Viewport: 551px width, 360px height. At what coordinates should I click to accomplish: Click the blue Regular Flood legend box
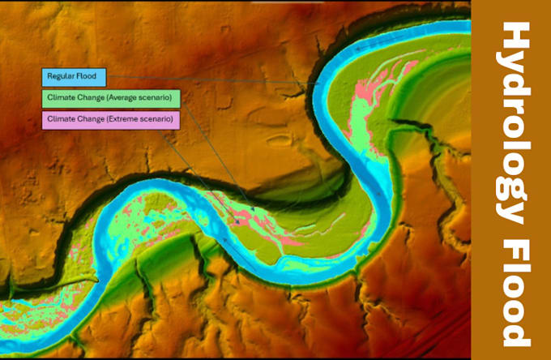pyautogui.click(x=74, y=77)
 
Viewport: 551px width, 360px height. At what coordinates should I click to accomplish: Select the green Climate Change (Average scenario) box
pyautogui.click(x=110, y=99)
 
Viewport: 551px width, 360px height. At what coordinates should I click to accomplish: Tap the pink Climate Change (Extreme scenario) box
pyautogui.click(x=110, y=120)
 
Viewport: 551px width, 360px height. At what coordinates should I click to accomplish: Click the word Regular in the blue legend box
pyautogui.click(x=60, y=77)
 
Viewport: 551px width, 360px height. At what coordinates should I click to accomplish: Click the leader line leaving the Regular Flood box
pyautogui.click(x=203, y=79)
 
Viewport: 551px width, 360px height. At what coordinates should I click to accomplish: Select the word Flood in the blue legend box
pyautogui.click(x=86, y=77)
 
